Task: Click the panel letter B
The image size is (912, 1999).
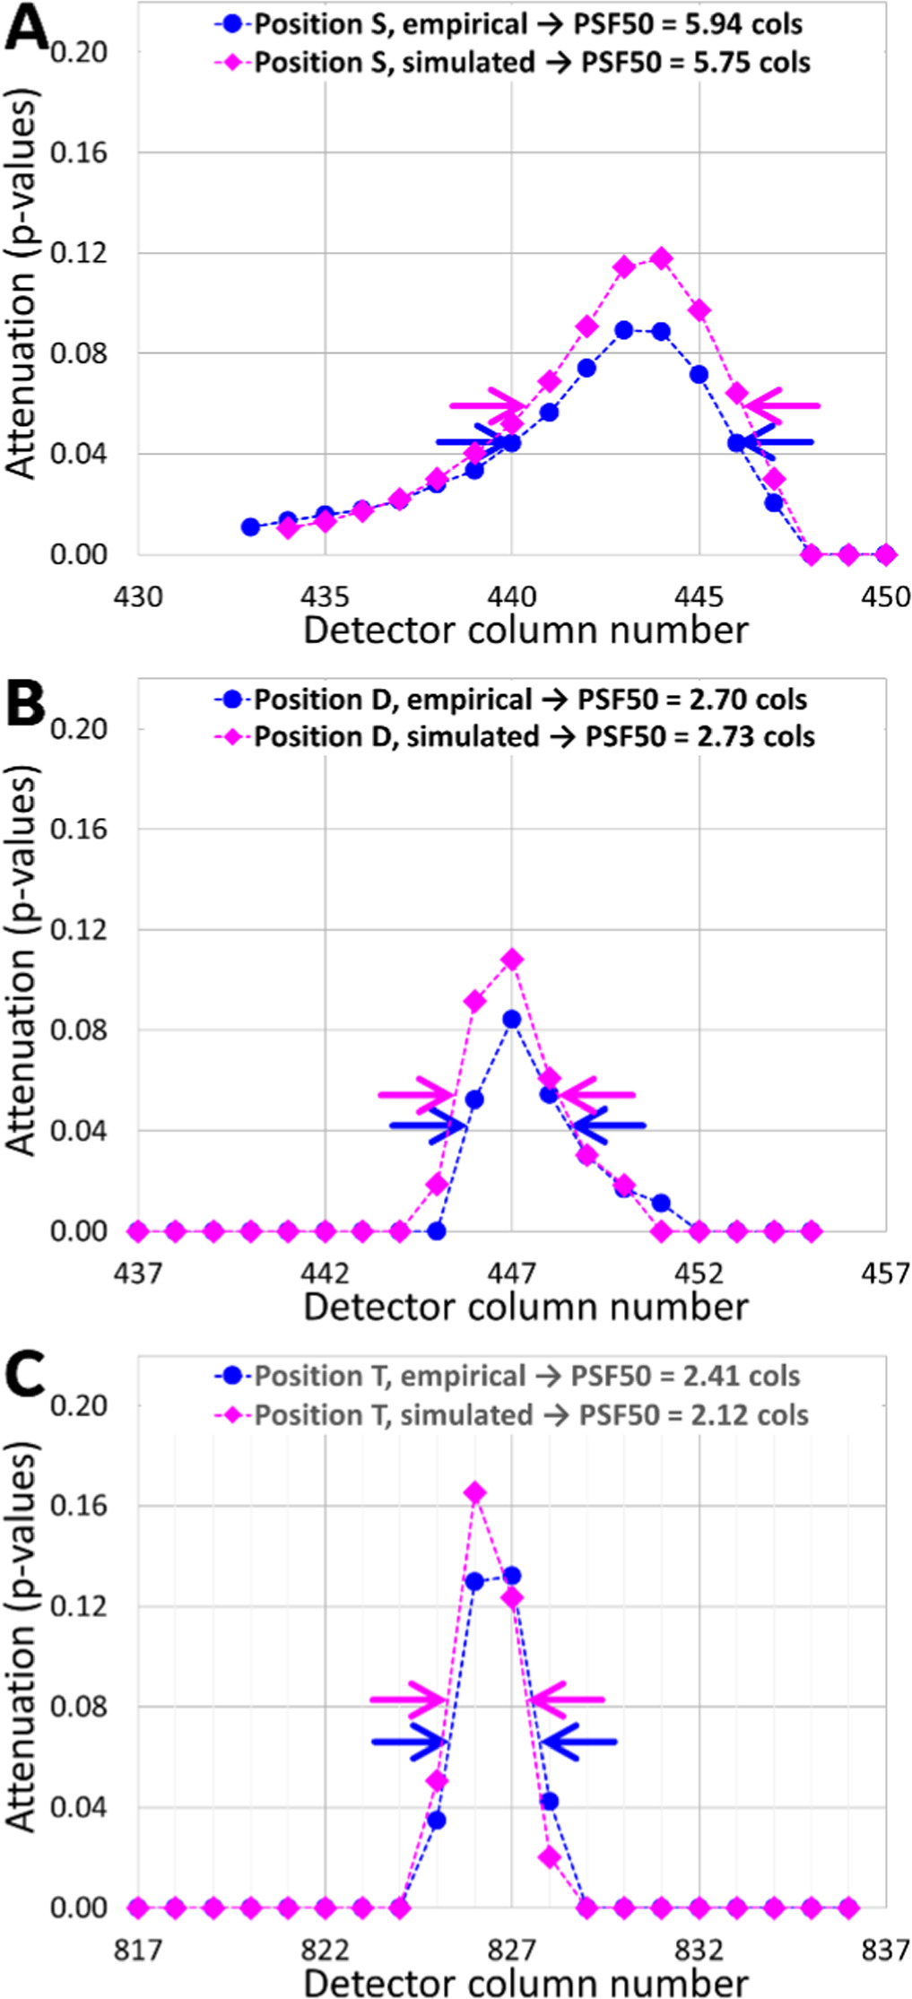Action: coord(25,704)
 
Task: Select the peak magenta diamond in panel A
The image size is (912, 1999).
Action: coord(661,258)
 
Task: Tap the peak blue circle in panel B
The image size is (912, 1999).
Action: coord(511,1020)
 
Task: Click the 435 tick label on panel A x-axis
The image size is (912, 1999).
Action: coord(325,596)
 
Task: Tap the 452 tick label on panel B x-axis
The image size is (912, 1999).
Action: coord(698,1273)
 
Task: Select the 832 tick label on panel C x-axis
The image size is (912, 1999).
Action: coord(698,1950)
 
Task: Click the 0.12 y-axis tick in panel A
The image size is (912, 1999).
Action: coord(78,253)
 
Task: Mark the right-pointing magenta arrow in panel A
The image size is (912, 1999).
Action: coord(489,405)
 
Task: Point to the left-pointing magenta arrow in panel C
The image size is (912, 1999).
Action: coord(567,1699)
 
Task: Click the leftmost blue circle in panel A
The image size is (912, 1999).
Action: coord(251,527)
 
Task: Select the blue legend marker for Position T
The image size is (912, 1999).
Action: coord(233,1377)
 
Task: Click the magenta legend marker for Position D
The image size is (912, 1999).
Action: coord(233,737)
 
